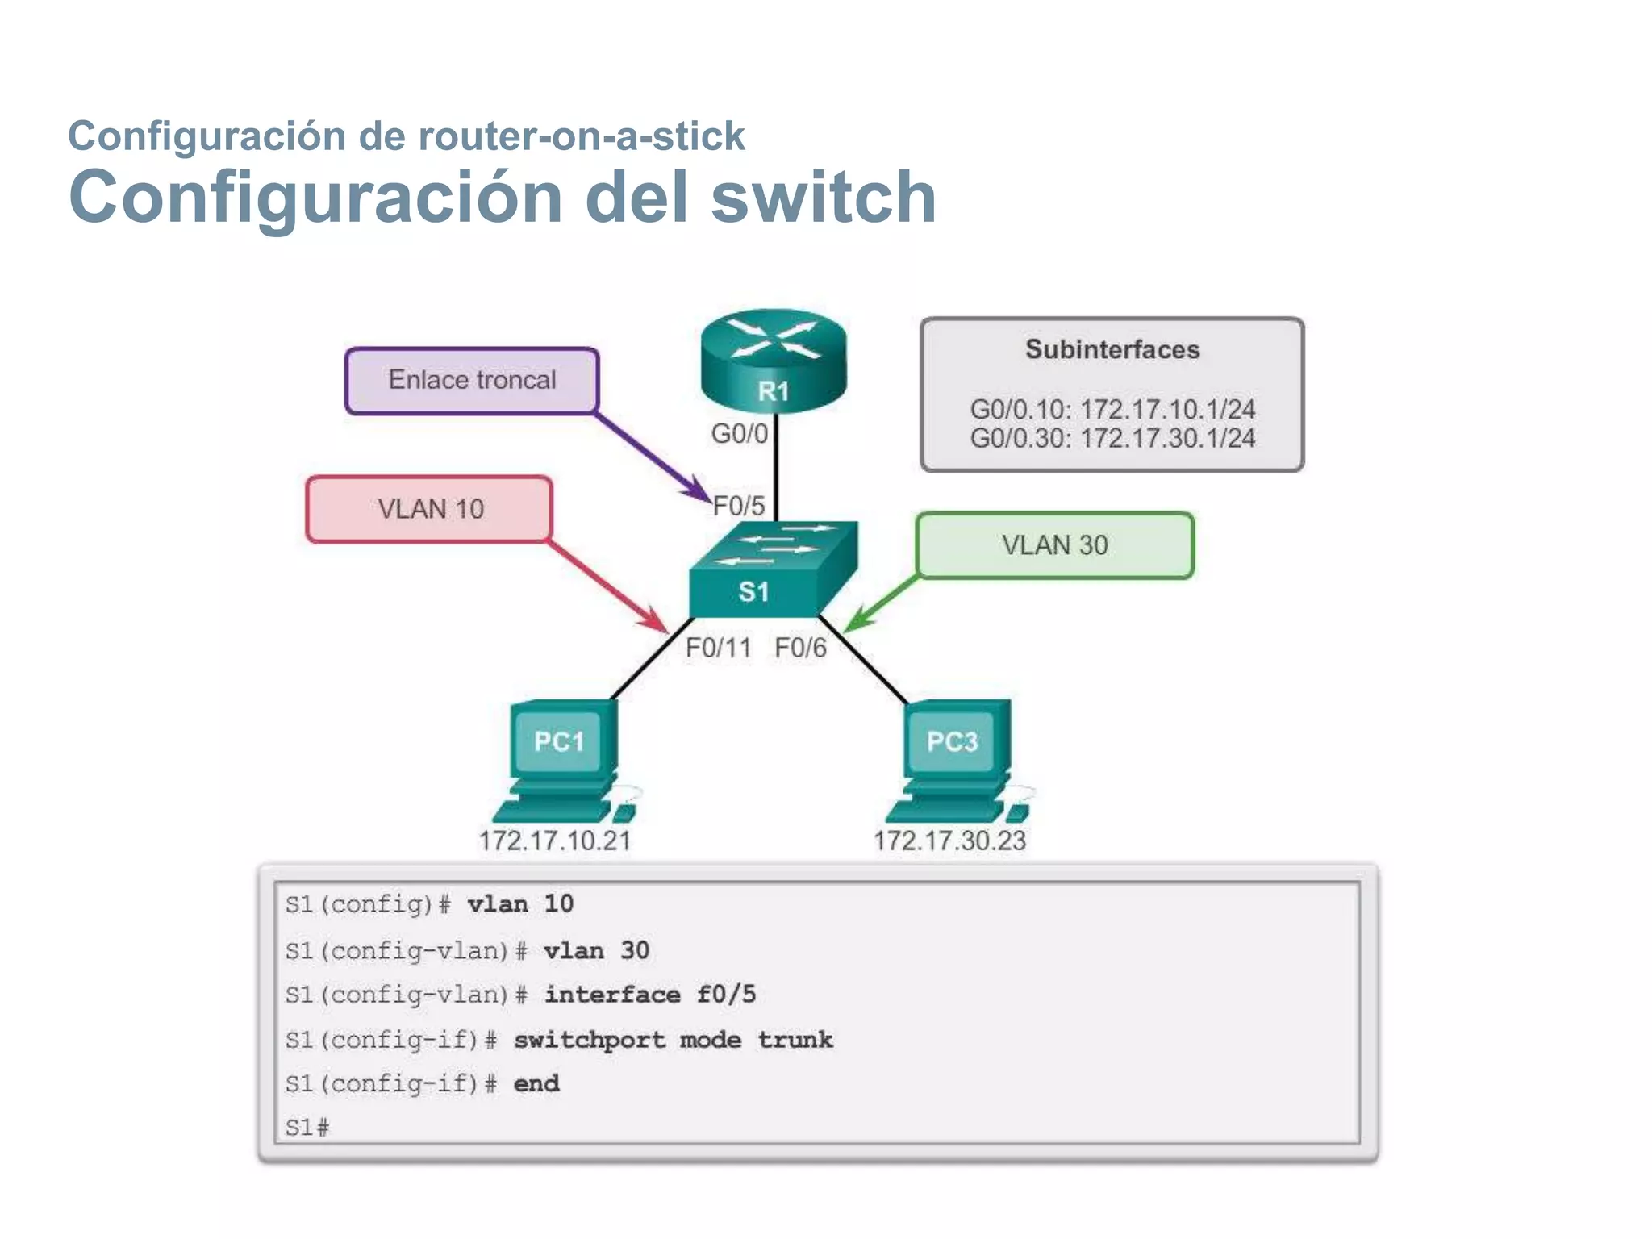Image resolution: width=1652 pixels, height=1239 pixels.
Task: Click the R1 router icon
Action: click(773, 360)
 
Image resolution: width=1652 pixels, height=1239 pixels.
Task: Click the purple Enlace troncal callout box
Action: click(472, 380)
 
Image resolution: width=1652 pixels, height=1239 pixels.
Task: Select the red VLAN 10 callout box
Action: click(430, 509)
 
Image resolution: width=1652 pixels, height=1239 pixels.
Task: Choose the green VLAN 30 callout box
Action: click(1054, 545)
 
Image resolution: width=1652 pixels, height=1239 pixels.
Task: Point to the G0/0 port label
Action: click(739, 434)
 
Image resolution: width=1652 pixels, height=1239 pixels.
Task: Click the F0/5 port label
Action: click(739, 506)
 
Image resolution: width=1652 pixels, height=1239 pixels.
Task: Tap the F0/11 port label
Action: click(718, 648)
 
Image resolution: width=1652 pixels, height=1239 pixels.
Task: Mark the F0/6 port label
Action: click(800, 648)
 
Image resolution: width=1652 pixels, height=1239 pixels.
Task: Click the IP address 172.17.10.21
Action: click(555, 841)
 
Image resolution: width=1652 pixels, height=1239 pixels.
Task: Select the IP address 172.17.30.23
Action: click(949, 841)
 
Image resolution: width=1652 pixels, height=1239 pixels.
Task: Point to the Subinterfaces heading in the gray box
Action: click(1112, 349)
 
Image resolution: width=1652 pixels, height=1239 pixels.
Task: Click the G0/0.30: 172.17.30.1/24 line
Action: click(1112, 439)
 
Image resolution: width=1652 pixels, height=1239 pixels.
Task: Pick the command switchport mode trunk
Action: click(673, 1040)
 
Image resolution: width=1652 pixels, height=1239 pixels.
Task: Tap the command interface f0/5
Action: click(650, 995)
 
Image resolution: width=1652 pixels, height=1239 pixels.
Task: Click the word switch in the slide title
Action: click(824, 197)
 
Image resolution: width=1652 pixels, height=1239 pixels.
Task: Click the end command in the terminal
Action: click(536, 1083)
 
